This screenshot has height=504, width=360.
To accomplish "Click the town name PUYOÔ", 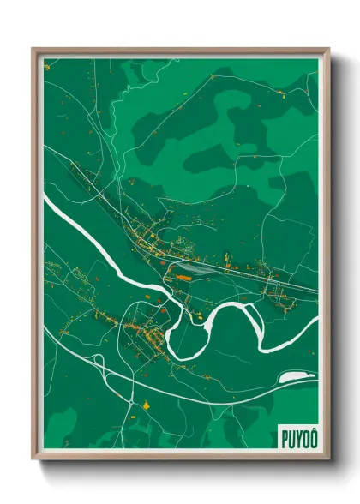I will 297,437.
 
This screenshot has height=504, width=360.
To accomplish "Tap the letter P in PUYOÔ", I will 284,437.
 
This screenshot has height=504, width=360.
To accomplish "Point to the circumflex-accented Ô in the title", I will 311,436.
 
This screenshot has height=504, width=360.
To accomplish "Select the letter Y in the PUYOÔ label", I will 297,437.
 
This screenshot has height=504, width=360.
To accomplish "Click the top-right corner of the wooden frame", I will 328,50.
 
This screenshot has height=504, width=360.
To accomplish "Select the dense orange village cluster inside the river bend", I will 141,330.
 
